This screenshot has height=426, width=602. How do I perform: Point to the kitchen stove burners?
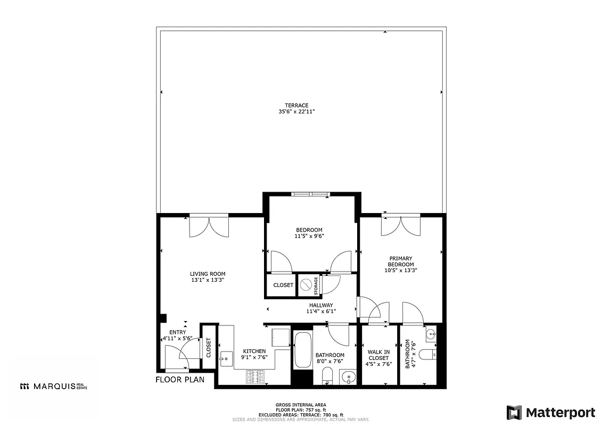(x=257, y=376)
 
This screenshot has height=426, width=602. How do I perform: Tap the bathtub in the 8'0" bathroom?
(x=303, y=350)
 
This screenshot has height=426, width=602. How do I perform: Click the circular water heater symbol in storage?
(x=306, y=285)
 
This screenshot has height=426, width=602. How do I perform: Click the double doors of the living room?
(x=209, y=226)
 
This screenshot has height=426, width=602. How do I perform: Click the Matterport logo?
(x=551, y=412)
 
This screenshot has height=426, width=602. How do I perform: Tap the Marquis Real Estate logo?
(x=53, y=386)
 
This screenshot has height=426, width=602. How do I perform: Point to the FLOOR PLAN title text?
(x=180, y=380)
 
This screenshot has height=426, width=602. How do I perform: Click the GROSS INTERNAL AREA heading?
(x=301, y=405)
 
